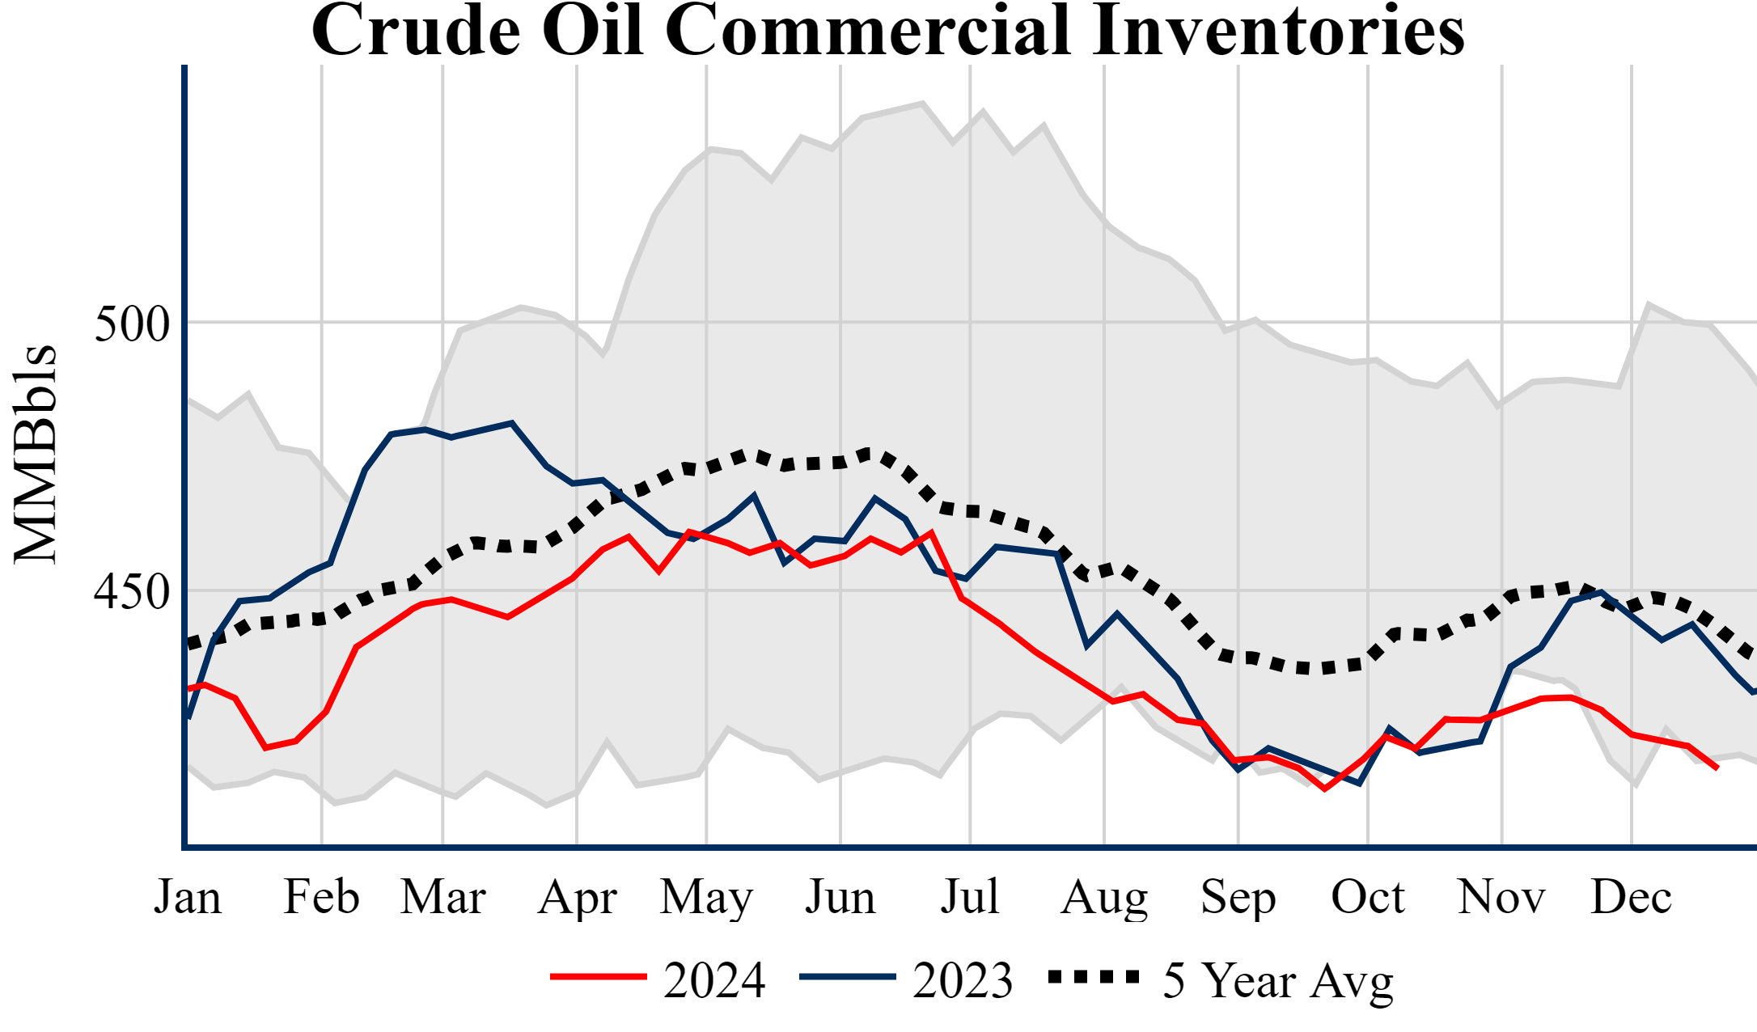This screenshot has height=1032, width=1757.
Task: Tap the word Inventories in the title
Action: coord(1277,31)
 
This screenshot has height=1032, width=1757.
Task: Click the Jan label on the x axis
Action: coord(188,897)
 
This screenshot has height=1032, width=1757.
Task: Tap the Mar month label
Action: coord(443,897)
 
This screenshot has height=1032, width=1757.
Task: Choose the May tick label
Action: coord(706,899)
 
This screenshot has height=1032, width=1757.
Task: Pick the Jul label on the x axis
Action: coord(970,897)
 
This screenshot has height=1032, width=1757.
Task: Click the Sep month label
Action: coord(1238,899)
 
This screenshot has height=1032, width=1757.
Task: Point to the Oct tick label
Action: coord(1368,897)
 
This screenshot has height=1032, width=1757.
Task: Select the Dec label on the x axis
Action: coord(1631,897)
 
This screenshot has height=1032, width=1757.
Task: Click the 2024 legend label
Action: coord(714,980)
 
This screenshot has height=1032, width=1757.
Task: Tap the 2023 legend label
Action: coord(963,980)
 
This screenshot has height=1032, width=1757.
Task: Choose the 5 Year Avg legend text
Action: coord(1278,981)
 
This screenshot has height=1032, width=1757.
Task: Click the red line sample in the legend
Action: coord(599,977)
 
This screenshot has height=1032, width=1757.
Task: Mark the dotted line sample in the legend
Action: coord(1094,977)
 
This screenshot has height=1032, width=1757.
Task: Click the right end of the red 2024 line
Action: coord(1717,768)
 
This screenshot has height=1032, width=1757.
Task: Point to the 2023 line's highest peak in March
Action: coord(511,422)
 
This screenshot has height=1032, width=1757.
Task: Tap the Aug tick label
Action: coord(1104,899)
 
